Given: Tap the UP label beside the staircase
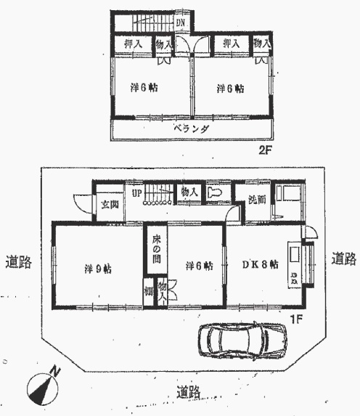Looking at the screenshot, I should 136,193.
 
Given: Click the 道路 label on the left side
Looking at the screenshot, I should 17,261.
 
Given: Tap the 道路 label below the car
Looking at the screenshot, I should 189,393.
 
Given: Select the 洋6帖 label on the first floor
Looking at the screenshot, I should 197,266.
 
